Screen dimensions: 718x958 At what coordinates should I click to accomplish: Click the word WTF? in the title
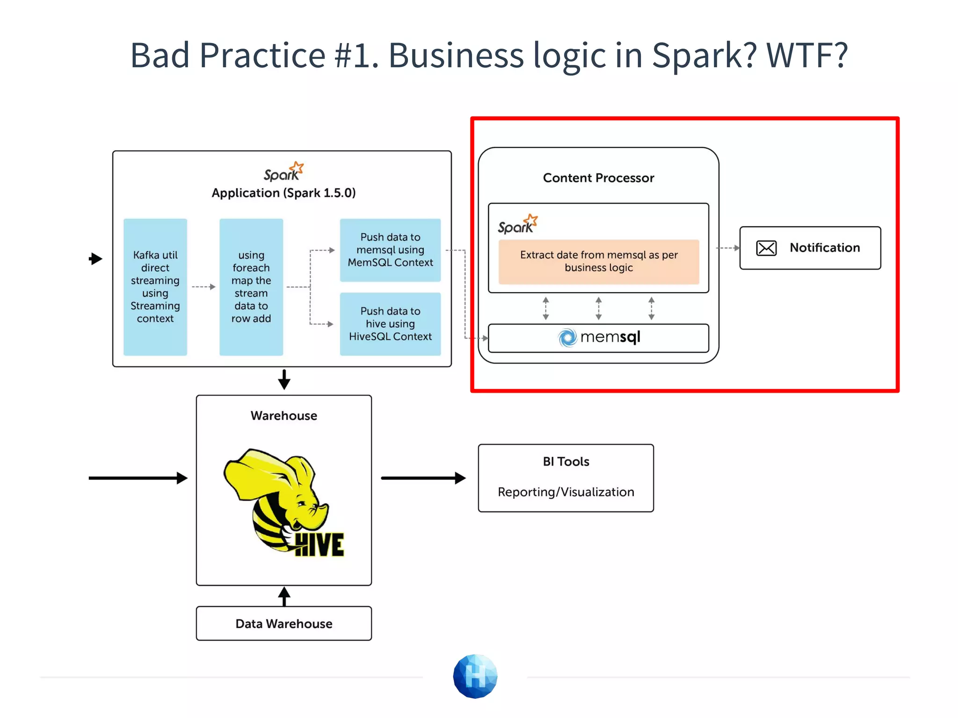[806, 55]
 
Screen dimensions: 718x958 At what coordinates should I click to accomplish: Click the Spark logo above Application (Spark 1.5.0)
[283, 172]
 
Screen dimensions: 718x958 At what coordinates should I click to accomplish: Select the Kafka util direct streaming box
[155, 287]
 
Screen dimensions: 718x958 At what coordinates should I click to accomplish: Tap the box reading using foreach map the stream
[251, 287]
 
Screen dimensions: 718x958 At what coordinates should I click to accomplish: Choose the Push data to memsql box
[390, 250]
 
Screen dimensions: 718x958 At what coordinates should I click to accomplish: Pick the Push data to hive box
[390, 324]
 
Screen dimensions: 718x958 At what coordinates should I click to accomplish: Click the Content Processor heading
[598, 178]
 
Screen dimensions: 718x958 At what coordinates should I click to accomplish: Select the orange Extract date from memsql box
[598, 261]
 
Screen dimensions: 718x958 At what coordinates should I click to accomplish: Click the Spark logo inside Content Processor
[517, 225]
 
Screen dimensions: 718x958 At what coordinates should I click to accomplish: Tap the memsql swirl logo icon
[568, 337]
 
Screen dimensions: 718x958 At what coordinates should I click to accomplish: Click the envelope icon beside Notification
[766, 248]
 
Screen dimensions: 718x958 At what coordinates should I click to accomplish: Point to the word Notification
[825, 248]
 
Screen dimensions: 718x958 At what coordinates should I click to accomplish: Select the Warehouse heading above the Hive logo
[283, 416]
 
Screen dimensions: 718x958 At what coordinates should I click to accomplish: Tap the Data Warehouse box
[283, 624]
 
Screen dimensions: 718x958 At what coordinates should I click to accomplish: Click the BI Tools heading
[566, 461]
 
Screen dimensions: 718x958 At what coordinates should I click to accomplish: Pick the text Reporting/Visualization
[566, 492]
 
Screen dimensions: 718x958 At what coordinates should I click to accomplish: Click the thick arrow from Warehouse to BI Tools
[423, 478]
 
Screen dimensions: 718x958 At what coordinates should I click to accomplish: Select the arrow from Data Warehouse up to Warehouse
[284, 596]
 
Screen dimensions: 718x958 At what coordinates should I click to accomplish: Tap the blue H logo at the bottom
[475, 676]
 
